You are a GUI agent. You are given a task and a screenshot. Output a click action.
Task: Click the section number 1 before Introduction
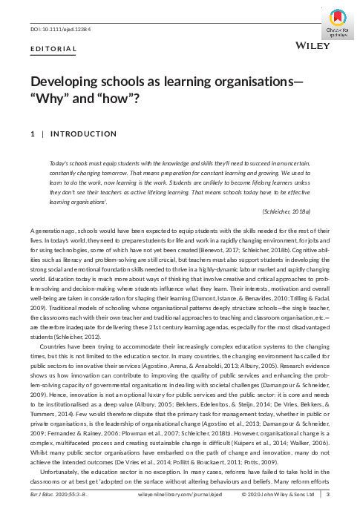[32, 135]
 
